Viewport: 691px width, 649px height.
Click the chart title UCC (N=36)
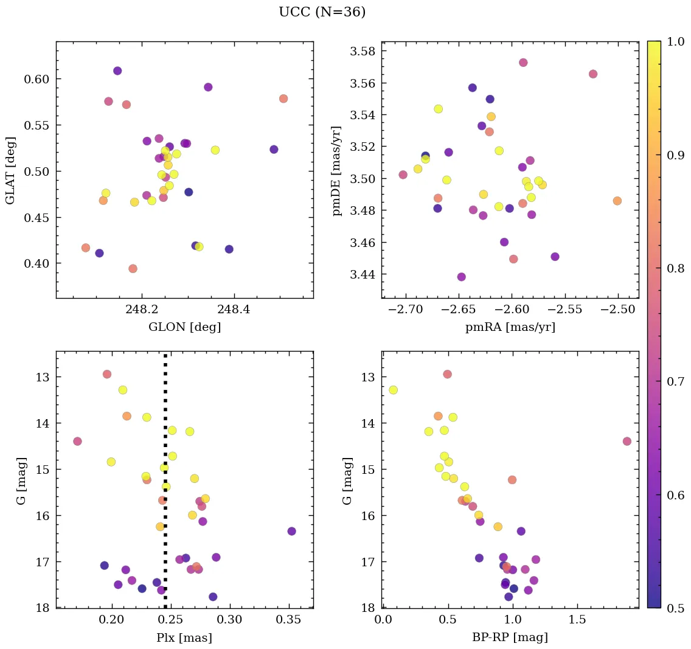322,12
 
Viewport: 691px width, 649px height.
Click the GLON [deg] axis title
184,327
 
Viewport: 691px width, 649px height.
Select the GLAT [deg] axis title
10,170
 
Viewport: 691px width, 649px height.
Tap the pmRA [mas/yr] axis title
510,327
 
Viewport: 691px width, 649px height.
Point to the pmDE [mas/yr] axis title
336,171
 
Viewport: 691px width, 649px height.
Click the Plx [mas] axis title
184,637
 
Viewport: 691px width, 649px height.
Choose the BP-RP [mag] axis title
510,637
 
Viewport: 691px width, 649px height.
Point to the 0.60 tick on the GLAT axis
37,79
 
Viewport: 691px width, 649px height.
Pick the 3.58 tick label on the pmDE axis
363,51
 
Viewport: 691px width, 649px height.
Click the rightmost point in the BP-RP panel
627,441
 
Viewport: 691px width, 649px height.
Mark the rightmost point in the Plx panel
291,531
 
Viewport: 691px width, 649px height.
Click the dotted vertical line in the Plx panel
165,487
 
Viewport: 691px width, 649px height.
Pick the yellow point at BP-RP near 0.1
393,390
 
